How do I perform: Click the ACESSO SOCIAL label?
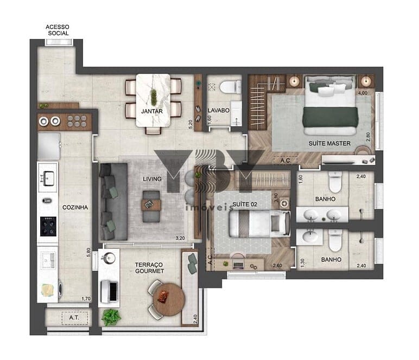(x=58, y=30)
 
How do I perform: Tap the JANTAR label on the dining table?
(x=152, y=111)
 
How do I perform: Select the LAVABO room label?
(x=219, y=110)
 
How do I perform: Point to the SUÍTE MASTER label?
(x=329, y=143)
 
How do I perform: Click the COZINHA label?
(x=75, y=207)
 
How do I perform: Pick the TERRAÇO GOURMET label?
(x=149, y=268)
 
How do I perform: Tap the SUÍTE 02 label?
(x=245, y=204)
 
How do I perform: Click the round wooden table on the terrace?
(x=169, y=299)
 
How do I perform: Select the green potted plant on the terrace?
(x=111, y=317)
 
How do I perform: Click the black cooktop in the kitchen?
(x=48, y=226)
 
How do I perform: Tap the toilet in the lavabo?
(x=230, y=87)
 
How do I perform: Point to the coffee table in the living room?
(x=151, y=206)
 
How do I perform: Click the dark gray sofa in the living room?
(x=113, y=202)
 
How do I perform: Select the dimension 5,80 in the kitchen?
(x=88, y=253)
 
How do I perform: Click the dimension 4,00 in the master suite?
(x=363, y=93)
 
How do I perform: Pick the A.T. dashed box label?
(x=74, y=318)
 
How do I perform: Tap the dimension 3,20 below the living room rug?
(x=180, y=238)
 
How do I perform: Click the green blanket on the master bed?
(x=331, y=117)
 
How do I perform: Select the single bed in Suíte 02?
(x=260, y=223)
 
